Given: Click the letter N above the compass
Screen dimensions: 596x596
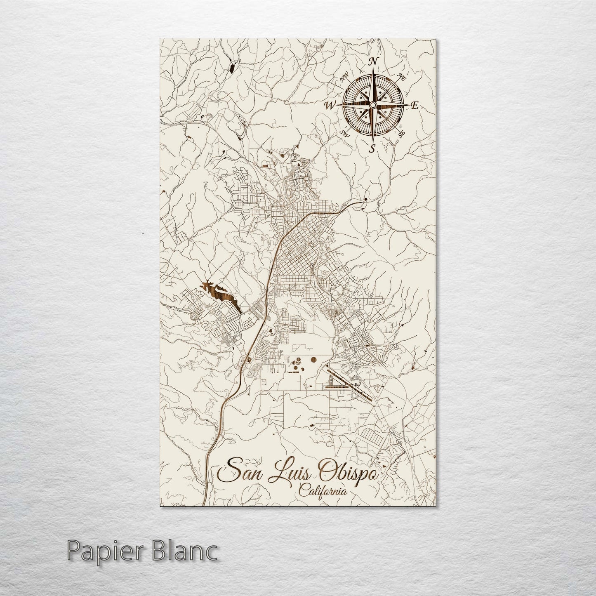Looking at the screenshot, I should [x=373, y=62].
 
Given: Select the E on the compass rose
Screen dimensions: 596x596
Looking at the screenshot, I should [x=415, y=106].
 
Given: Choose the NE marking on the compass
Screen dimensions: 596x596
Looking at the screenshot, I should [x=400, y=76].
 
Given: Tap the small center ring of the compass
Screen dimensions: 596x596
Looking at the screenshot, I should [x=372, y=105].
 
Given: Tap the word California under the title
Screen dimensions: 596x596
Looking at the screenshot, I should [x=323, y=491].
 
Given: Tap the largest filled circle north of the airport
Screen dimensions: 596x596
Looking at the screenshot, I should [x=313, y=358].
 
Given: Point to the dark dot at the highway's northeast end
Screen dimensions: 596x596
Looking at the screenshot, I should [x=365, y=200].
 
